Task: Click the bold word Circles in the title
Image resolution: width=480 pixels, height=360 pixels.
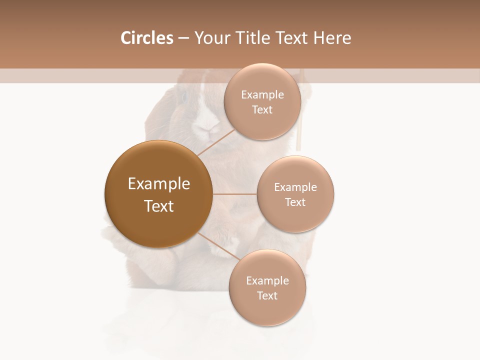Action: tap(146, 38)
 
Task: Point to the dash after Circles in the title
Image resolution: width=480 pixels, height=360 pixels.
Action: tap(183, 38)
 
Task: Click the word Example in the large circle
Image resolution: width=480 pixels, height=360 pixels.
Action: tap(159, 184)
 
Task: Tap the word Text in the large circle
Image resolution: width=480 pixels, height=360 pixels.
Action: tap(159, 206)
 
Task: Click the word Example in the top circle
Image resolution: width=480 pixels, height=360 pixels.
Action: tap(262, 95)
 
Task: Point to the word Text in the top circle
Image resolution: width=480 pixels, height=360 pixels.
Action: tap(262, 110)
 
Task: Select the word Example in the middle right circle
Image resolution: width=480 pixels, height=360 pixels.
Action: tap(295, 187)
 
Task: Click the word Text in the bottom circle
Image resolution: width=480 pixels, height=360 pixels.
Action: tap(267, 296)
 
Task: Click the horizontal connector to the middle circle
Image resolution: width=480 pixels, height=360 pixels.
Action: tap(234, 194)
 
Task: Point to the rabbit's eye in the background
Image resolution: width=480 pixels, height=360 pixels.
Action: tap(184, 96)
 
